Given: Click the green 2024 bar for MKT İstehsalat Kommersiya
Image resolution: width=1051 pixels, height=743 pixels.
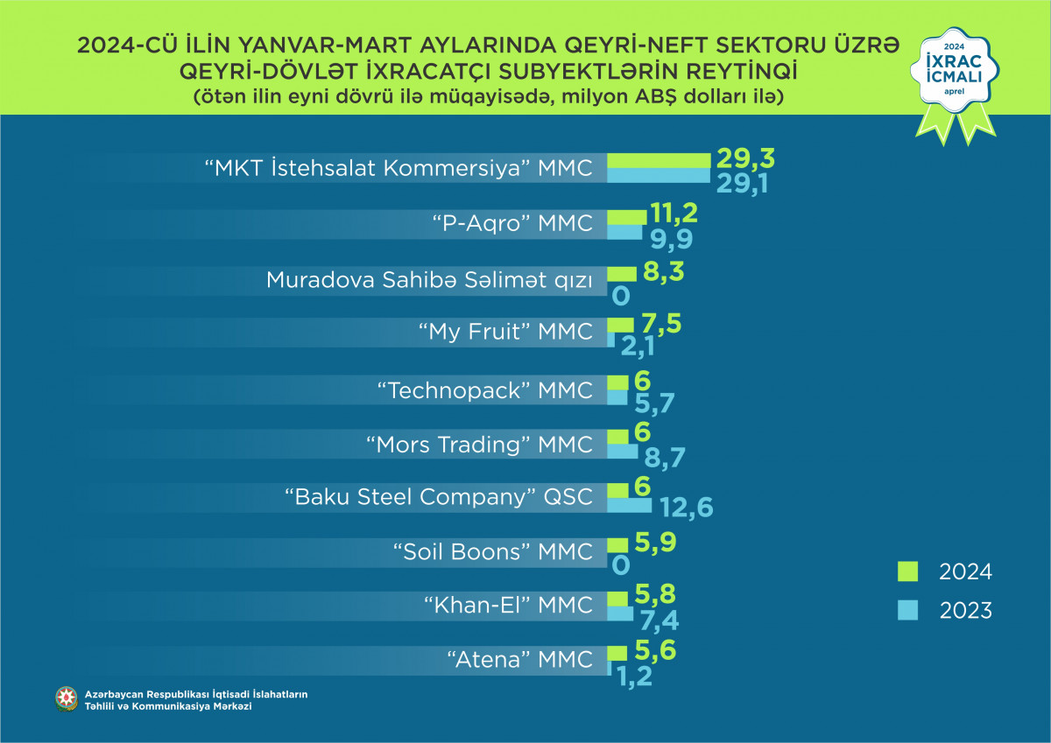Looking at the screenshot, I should pos(659,160).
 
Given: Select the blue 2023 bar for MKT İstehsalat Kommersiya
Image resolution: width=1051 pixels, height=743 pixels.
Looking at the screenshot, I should pos(659,175).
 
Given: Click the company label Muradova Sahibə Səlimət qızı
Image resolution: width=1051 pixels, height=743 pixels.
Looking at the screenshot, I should pos(429,280).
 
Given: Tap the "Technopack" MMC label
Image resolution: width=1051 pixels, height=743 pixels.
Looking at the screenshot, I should pos(484,389).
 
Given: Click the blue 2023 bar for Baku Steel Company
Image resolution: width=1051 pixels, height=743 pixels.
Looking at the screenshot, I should pos(629,505).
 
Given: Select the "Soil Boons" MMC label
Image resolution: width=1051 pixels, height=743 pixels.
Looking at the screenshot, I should pos(493,551).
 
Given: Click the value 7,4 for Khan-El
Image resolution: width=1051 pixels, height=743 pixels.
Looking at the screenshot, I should pos(660,620).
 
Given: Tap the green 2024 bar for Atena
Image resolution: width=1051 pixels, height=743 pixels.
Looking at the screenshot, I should pos(617,653).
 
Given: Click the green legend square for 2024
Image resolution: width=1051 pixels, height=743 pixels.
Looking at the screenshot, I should pos(907,571).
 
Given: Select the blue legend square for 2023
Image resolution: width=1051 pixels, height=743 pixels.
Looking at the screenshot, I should pos(907,610).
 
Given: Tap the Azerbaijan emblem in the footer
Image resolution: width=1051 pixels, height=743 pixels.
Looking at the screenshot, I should pos(66,699).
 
